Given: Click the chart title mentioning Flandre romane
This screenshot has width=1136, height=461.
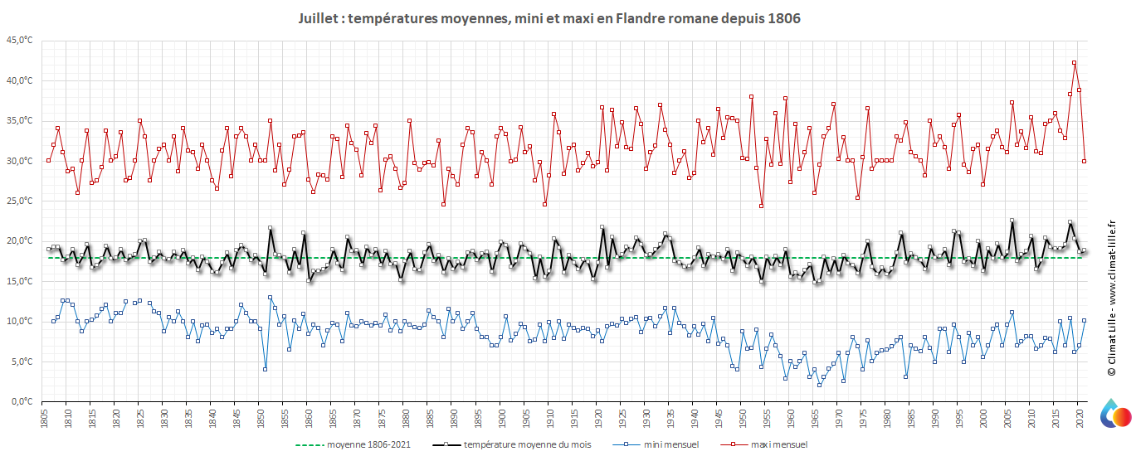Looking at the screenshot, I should (548, 17).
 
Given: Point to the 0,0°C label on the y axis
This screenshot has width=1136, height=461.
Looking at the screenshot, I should (22, 402).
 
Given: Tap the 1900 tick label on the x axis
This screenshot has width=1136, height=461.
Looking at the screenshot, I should (501, 420).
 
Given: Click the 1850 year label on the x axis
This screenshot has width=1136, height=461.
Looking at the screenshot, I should (260, 420).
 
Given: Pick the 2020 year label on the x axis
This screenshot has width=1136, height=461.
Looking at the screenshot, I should (1080, 420).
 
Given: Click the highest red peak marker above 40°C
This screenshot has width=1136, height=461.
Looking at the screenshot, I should (1074, 62).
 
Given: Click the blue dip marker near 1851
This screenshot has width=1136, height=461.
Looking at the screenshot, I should (265, 369).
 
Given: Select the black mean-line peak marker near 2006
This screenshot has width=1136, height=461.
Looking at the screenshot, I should (1012, 221).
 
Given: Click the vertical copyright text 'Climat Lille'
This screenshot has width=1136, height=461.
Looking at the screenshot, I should (1112, 298).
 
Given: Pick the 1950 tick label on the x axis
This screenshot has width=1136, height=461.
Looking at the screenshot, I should (743, 420).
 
